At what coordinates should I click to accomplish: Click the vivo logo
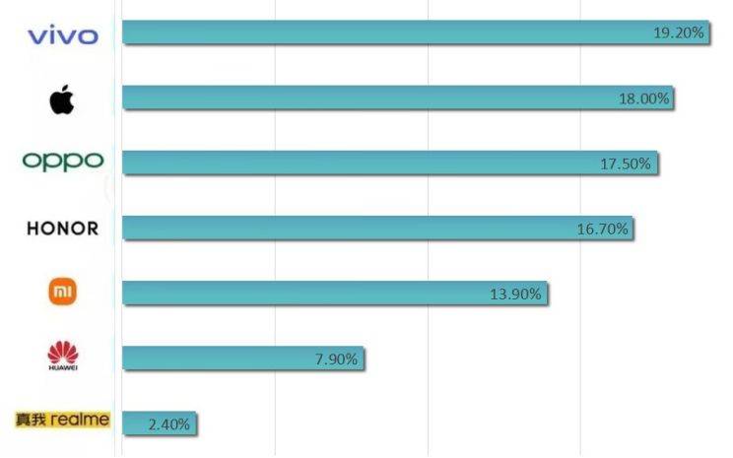(x=63, y=36)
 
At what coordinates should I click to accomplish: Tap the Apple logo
(x=61, y=99)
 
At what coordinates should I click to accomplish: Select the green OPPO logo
(x=62, y=162)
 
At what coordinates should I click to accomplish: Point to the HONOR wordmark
(x=63, y=229)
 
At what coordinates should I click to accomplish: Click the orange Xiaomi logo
(x=63, y=292)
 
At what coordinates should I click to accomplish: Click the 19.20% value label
(x=679, y=33)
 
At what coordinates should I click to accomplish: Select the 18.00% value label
(x=645, y=98)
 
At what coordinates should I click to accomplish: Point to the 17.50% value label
(x=626, y=164)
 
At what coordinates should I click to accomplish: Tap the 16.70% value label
(x=602, y=229)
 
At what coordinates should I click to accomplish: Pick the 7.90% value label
(x=335, y=359)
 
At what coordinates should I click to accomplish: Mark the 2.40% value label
(x=168, y=425)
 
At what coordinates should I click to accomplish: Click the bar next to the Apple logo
(x=374, y=98)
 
